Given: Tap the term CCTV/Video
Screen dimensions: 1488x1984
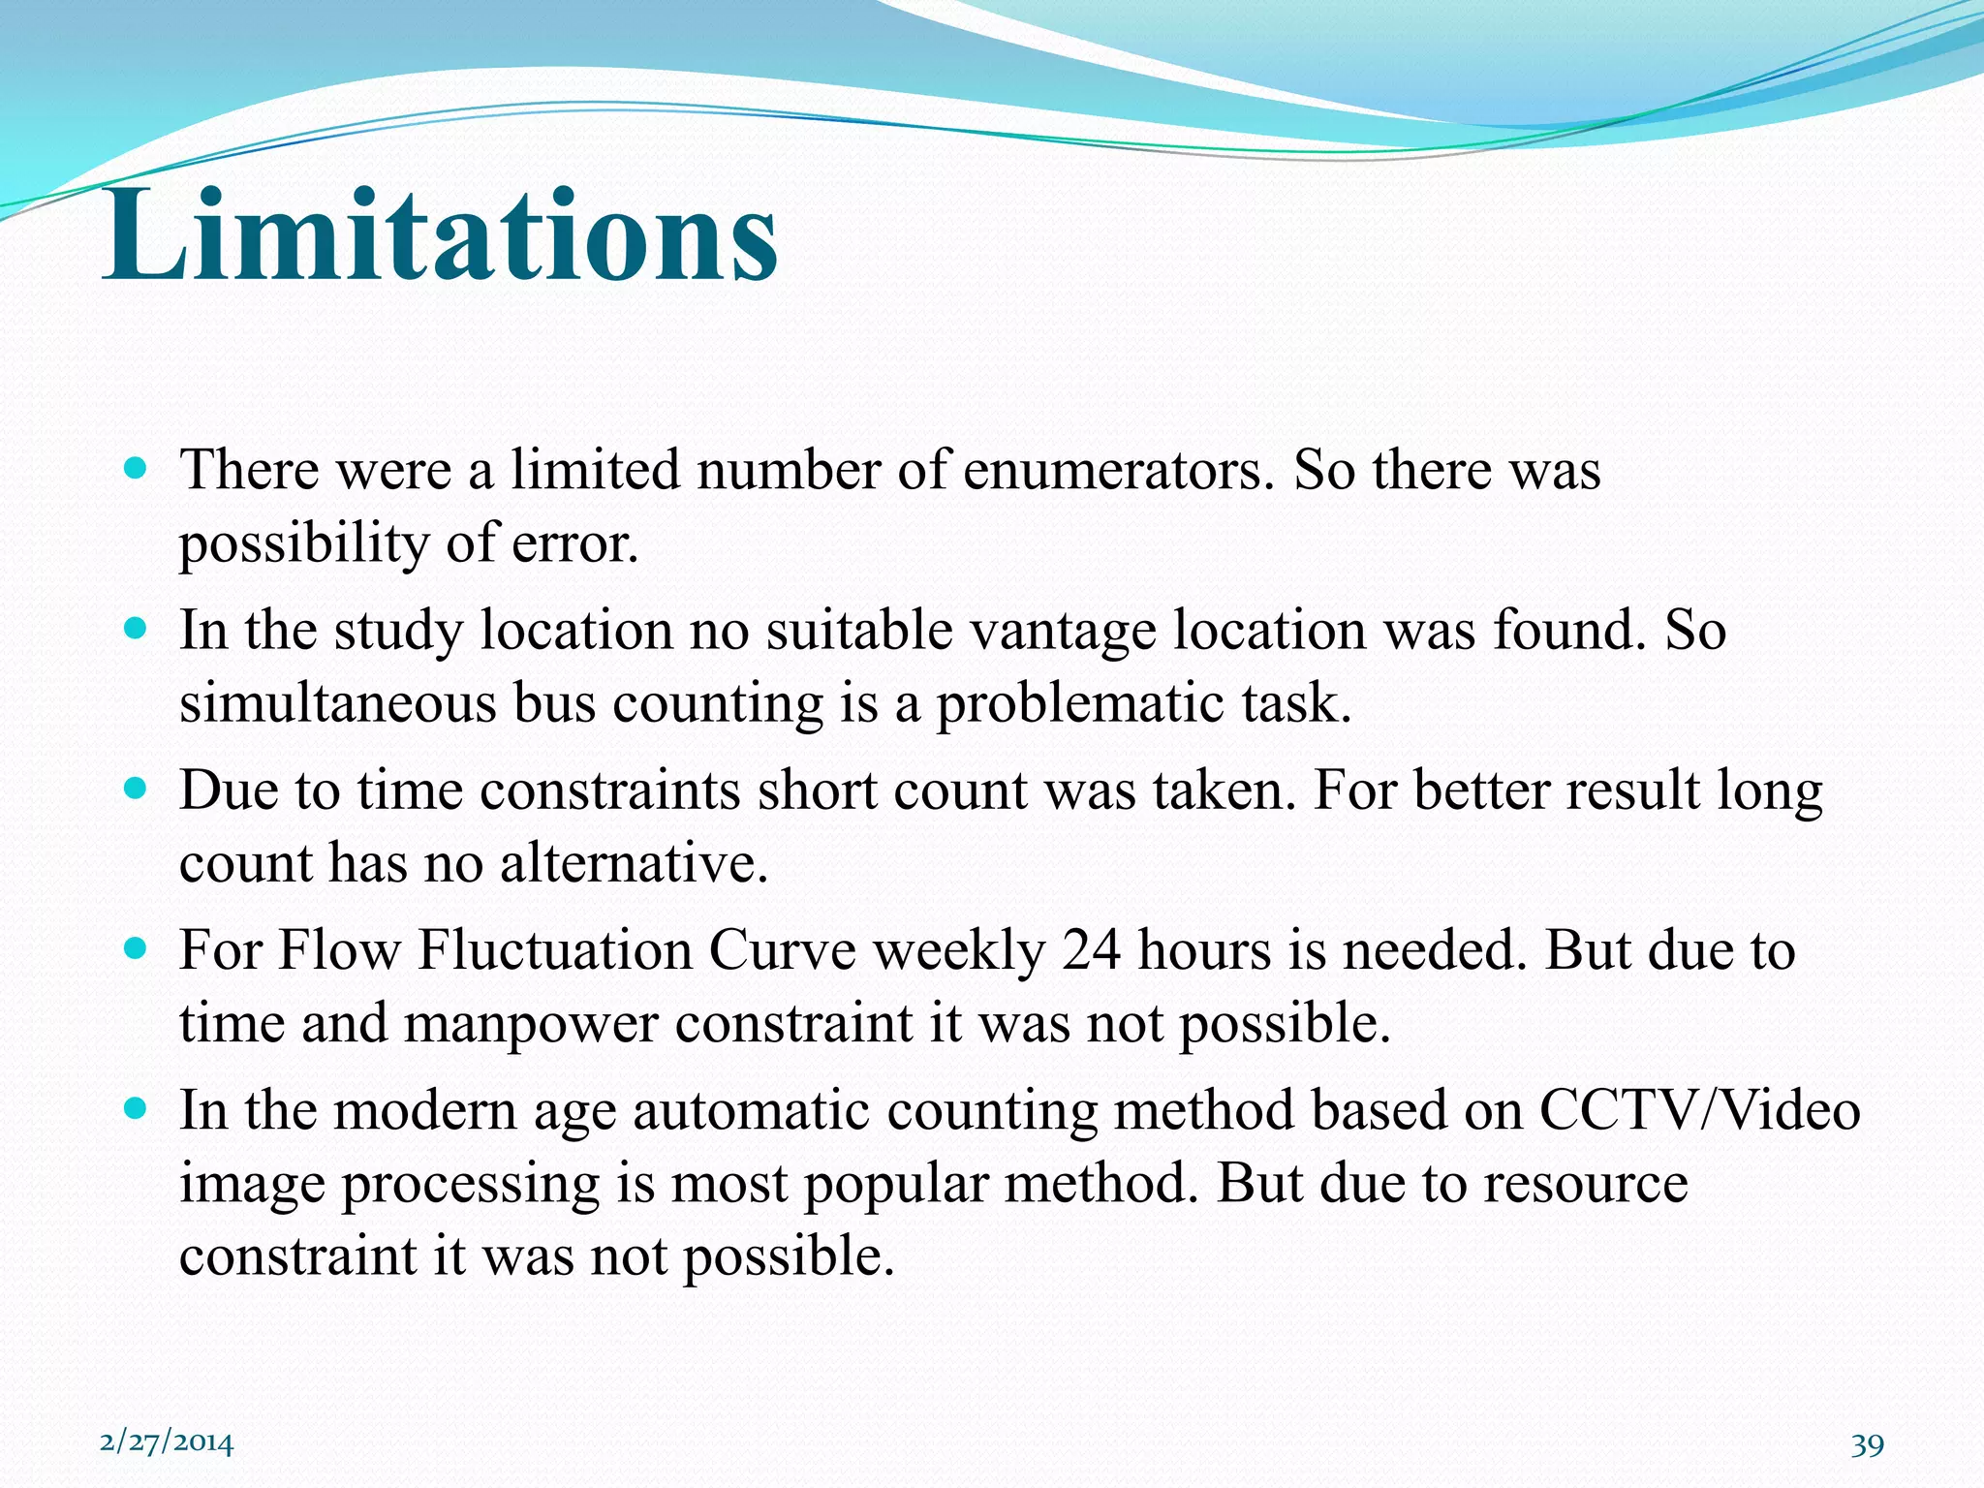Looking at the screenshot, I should click(1699, 1110).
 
